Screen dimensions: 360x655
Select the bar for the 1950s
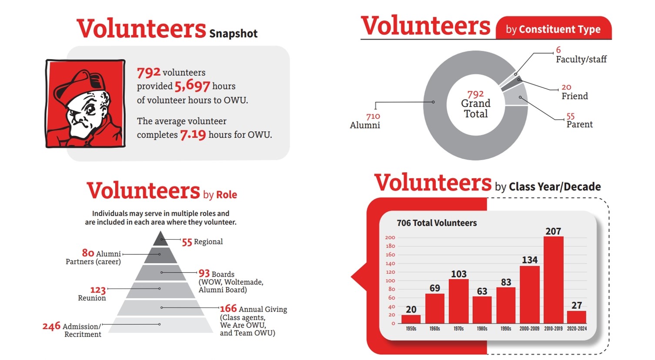(411, 319)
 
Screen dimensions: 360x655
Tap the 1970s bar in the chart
(458, 301)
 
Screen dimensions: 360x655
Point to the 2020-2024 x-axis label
(577, 329)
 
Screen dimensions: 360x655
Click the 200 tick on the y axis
(390, 237)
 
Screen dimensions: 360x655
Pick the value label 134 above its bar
(530, 260)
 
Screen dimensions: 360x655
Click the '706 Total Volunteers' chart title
(437, 223)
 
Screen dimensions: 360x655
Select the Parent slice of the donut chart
(517, 95)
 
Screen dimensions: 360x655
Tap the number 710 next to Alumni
(373, 116)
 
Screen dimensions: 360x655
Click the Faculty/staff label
(581, 60)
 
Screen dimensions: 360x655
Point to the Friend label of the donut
(575, 96)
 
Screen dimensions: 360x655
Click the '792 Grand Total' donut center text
(475, 104)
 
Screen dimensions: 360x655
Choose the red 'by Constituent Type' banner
(553, 29)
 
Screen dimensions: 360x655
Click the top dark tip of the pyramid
(160, 239)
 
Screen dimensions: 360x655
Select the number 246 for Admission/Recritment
(51, 326)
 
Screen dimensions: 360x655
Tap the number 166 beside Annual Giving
(228, 309)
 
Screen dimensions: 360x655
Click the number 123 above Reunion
(98, 290)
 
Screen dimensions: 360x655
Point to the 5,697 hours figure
(192, 86)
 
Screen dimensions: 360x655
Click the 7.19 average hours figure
(193, 135)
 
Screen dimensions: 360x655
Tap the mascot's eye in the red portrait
(90, 109)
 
